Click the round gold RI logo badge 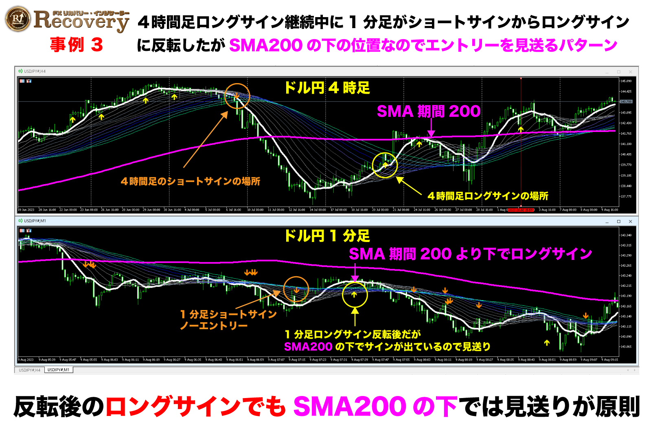(x=18, y=19)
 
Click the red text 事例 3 (x=76, y=45)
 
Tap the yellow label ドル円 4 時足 (x=327, y=88)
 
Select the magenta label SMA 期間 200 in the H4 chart (x=428, y=111)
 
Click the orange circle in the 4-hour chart (x=237, y=96)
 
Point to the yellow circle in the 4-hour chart (x=385, y=165)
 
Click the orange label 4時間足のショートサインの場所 (x=190, y=181)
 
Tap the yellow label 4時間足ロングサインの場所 (x=488, y=196)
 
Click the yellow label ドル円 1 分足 (x=327, y=236)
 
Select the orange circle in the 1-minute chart (x=296, y=289)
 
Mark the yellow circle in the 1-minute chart (x=355, y=295)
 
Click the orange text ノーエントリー (x=214, y=326)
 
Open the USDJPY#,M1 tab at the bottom (x=58, y=370)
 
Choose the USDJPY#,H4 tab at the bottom (x=30, y=370)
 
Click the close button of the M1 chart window (x=630, y=222)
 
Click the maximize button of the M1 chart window (x=618, y=222)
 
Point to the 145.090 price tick (x=626, y=81)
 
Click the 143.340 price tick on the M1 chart (x=626, y=235)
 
